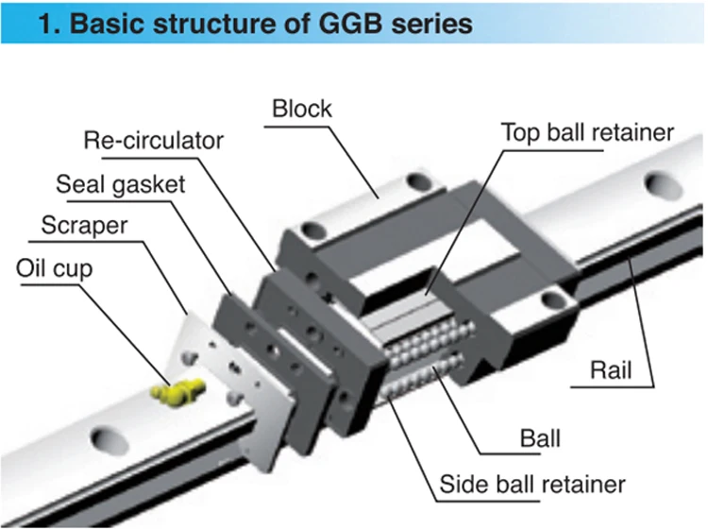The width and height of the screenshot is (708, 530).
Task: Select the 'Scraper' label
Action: tap(84, 226)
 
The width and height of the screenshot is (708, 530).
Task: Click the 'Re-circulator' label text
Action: tap(154, 141)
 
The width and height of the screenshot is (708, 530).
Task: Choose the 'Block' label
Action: tap(302, 109)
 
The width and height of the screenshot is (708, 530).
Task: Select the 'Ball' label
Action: tap(541, 438)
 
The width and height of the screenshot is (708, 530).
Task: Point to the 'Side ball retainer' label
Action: tap(532, 485)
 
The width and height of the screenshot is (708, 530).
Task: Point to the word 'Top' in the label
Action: tap(518, 131)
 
